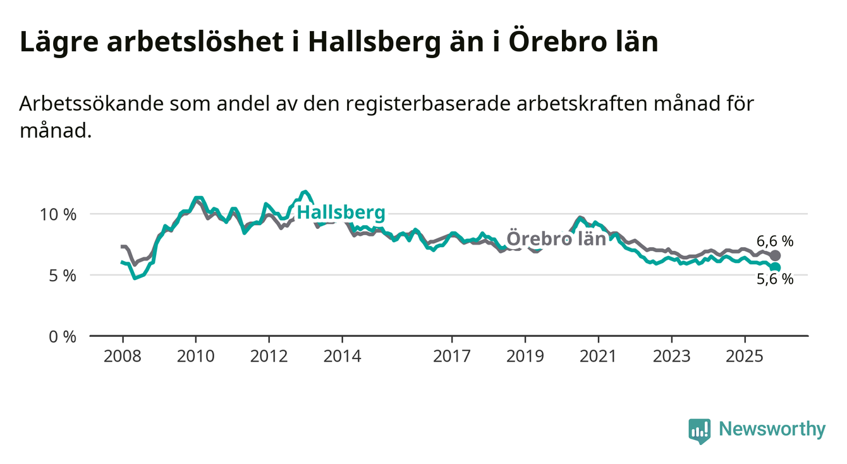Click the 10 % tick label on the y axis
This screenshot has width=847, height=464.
coord(58,214)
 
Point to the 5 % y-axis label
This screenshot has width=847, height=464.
coord(62,276)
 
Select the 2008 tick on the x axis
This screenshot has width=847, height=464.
coord(123,357)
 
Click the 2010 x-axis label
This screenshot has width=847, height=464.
coord(196,357)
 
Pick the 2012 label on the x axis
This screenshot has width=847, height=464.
coord(269,357)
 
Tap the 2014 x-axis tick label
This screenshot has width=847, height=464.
coord(343,357)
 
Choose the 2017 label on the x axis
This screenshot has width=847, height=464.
coord(452,357)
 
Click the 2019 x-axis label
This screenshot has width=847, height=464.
coord(525,357)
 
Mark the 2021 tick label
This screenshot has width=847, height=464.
coord(599,357)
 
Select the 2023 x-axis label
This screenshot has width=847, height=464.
coord(672,357)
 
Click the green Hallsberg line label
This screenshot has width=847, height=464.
coord(341,213)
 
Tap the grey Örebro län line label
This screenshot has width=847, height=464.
coord(556,239)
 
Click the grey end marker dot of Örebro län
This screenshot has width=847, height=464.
coord(776,255)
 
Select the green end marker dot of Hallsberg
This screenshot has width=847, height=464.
coord(776,267)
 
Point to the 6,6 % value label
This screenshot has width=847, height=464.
coord(775,240)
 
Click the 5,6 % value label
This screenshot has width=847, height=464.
coord(775,279)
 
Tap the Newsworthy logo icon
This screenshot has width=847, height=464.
coord(699,431)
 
